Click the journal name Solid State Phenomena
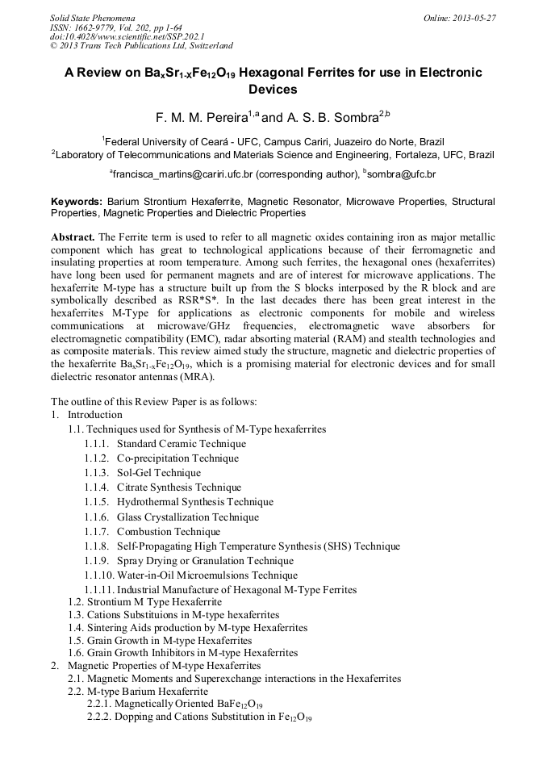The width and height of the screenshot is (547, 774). (92, 17)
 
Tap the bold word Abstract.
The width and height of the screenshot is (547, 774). (73, 237)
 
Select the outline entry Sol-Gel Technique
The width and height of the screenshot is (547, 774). (158, 473)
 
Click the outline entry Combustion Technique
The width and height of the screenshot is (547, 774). (168, 532)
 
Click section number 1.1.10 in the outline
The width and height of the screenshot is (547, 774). (98, 575)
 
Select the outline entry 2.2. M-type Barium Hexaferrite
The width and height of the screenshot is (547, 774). (138, 692)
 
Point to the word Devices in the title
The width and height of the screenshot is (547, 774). (273, 90)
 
